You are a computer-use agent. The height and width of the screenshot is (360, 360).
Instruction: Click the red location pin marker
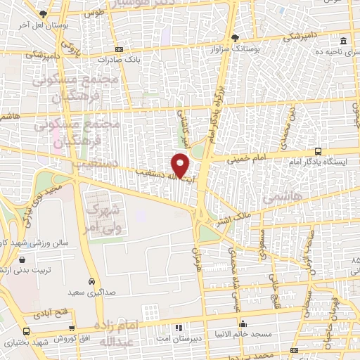click(181, 166)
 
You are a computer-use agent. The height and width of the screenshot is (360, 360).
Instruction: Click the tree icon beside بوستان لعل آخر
click(44, 14)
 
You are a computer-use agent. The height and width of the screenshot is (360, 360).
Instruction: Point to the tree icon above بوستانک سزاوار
click(235, 38)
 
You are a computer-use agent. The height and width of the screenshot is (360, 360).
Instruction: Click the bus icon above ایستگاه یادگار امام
click(319, 150)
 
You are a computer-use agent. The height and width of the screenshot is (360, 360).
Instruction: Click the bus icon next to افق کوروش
click(27, 331)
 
